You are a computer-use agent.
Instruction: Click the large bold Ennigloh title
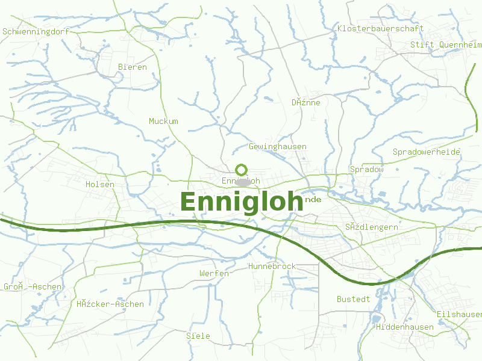[241, 202]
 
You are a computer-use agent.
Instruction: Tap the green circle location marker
[242, 170]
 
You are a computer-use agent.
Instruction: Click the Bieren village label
[133, 67]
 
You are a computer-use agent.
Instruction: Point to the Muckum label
[163, 121]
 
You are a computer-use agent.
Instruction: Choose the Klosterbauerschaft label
[380, 28]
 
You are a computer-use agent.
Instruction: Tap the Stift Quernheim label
[445, 45]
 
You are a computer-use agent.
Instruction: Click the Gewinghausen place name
[277, 146]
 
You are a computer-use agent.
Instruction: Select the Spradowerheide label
[426, 152]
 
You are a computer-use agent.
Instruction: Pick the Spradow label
[366, 169]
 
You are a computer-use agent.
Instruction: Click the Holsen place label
[100, 184]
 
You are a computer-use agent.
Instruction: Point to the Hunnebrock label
[272, 266]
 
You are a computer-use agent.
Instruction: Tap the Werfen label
[214, 273]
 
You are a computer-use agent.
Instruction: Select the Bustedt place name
[353, 299]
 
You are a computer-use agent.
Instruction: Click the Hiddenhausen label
[404, 327]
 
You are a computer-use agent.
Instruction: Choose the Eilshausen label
[459, 314]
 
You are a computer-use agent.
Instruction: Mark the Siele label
[198, 336]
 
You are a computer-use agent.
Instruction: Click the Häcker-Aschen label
[110, 304]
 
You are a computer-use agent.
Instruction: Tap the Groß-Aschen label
[33, 286]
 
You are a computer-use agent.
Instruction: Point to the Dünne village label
[305, 102]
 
